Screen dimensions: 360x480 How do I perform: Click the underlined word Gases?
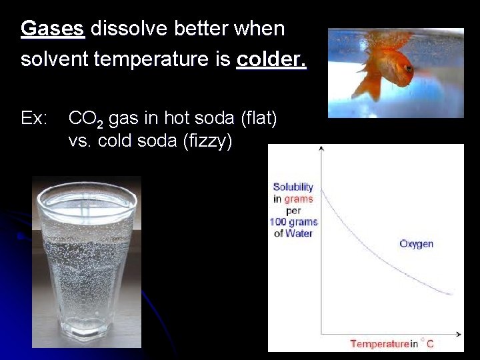point(53,29)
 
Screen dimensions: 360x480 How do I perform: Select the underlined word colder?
point(271,59)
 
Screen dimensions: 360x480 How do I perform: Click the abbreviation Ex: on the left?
point(34,119)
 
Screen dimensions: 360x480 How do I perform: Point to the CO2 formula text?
point(85,119)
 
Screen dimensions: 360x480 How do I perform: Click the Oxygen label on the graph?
point(416,243)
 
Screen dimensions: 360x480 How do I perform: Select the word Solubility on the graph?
point(293,187)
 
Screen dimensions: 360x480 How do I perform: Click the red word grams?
point(299,199)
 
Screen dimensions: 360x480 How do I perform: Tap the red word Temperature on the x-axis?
point(379,344)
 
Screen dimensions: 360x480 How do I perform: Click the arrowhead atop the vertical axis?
point(322,149)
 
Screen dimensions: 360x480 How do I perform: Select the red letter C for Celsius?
point(430,344)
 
